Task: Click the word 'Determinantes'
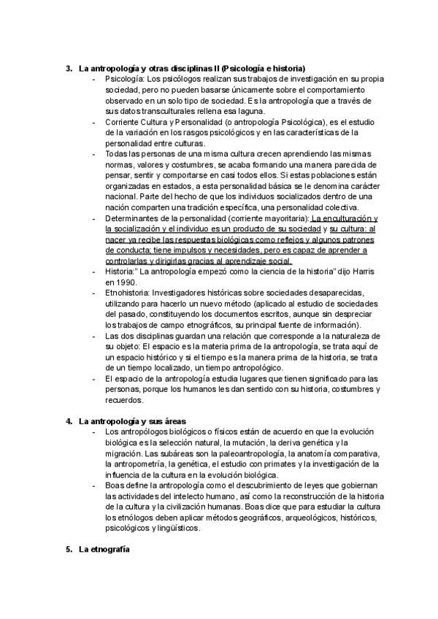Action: [x=134, y=218]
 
